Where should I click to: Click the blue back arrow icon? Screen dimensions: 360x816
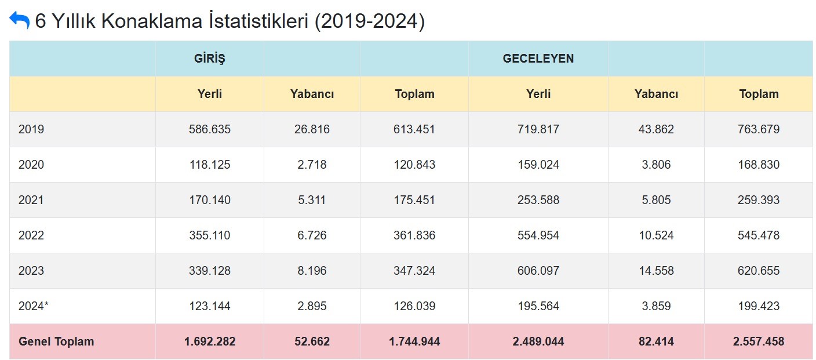tap(19, 20)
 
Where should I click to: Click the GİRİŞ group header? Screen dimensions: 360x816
tap(209, 59)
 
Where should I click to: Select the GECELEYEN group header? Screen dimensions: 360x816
tap(538, 59)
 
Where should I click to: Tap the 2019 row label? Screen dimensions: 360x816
tap(31, 129)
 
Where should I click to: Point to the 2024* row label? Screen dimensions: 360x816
tap(34, 306)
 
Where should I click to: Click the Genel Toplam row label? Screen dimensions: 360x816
tap(56, 341)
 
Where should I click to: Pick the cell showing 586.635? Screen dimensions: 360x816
tap(209, 129)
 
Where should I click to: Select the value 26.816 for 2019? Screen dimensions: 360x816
tap(312, 129)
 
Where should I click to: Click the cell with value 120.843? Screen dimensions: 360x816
tap(414, 165)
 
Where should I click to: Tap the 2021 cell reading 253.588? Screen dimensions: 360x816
tap(538, 200)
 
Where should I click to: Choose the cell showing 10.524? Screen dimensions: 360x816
tap(656, 235)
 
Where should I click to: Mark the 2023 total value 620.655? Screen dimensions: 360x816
tap(759, 271)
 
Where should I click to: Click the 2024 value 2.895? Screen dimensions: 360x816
tap(312, 306)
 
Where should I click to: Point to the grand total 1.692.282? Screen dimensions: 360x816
tap(209, 341)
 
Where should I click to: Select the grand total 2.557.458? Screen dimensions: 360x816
tap(759, 341)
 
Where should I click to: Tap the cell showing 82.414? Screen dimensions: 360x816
tap(656, 341)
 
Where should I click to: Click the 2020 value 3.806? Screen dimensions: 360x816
tap(656, 165)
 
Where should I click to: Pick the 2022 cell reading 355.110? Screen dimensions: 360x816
tap(209, 235)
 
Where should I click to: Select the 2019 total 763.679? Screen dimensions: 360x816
tap(759, 129)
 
